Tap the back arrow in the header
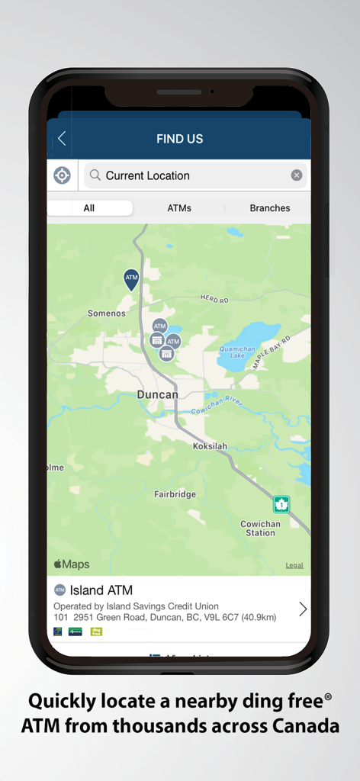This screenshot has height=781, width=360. pos(62,138)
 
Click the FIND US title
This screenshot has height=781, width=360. pos(179,139)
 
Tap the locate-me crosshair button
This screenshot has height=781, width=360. pos(62,175)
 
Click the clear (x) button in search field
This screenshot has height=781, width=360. pos(297,175)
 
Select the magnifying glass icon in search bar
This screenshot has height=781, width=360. pos(95,175)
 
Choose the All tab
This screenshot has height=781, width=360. pos(89,208)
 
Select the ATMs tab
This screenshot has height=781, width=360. pos(179,208)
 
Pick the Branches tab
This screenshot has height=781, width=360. pos(269,208)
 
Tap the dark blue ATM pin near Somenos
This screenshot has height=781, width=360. pos(131,279)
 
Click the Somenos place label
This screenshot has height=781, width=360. pos(106,313)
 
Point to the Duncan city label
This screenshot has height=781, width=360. pos(157,394)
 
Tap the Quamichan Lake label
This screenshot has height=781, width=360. pos(237,351)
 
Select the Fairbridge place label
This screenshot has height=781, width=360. pos(175,494)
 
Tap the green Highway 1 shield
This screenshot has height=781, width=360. pos(281,504)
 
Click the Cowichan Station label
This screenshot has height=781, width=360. pos(260,529)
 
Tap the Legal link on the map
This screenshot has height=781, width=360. pos(294,565)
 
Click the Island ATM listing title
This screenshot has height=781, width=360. pos(101,590)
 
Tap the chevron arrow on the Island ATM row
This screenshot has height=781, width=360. pos(303,609)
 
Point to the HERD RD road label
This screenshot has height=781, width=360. pos(214,300)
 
